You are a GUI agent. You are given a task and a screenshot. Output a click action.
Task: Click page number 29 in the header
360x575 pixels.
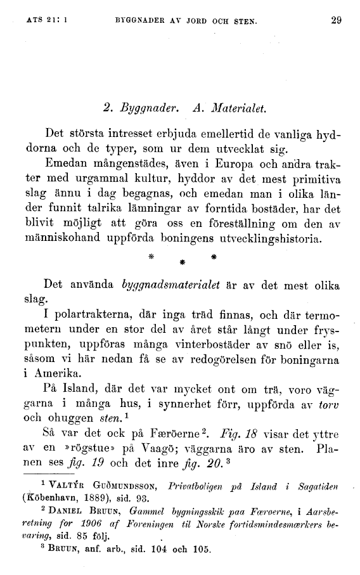pyautogui.click(x=336, y=20)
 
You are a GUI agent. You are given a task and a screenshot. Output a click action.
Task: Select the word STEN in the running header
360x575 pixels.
pyautogui.click(x=243, y=20)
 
